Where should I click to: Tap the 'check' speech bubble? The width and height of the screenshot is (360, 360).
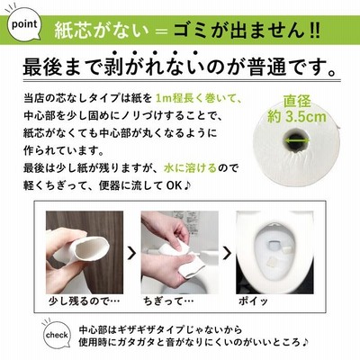point(57,334)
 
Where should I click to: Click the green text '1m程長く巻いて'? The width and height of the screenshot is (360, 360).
point(199,98)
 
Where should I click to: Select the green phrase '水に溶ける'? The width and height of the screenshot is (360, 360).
point(190,168)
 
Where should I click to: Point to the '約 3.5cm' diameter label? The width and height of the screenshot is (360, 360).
point(296,116)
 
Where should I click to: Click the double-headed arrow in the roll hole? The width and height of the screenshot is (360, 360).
point(297,140)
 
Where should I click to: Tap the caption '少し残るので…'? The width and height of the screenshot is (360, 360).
point(84,301)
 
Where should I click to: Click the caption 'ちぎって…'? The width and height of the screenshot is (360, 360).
point(168,301)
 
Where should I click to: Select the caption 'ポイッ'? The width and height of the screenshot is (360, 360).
point(253,301)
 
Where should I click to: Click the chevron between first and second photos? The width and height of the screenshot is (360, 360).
point(131,254)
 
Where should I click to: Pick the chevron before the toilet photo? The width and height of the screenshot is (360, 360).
point(228,254)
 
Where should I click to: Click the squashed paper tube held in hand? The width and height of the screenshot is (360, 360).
point(90,250)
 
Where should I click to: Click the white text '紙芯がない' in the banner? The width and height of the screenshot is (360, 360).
point(102,31)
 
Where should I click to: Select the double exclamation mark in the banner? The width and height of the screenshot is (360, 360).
point(314,31)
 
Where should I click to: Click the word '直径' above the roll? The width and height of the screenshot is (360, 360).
point(297,102)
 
